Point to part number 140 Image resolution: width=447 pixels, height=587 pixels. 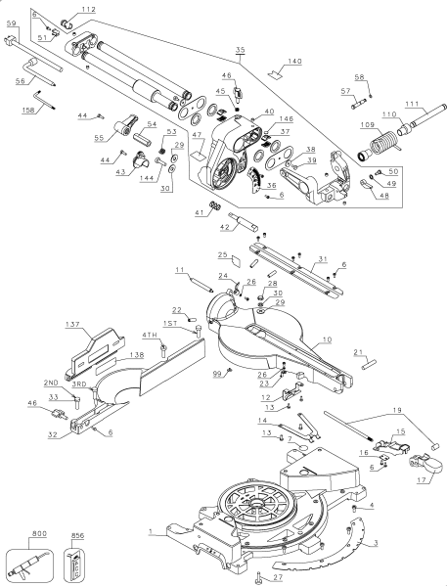tap(293, 61)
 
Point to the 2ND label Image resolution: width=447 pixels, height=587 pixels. tap(51, 384)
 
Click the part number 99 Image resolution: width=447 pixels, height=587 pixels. tap(216, 374)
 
